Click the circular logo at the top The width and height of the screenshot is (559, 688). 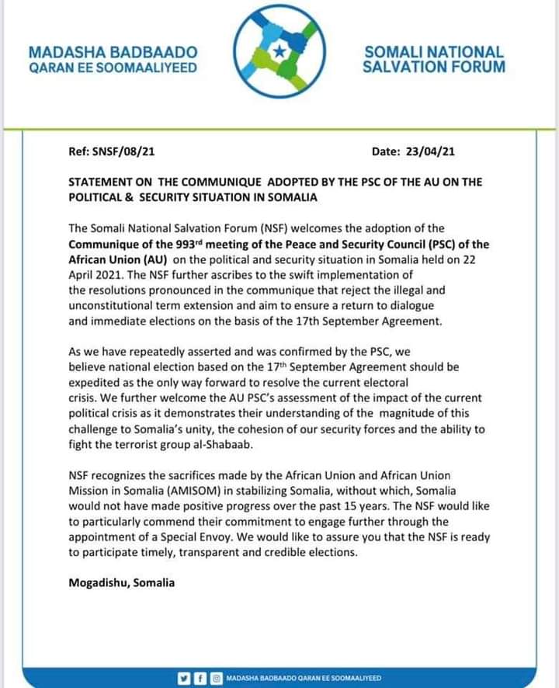tap(279, 54)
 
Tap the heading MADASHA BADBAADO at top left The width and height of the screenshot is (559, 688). tap(113, 52)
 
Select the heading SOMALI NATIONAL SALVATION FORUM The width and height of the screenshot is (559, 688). tap(433, 59)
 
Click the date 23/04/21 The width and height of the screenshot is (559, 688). tap(435, 151)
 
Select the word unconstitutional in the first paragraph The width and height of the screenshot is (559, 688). tap(111, 306)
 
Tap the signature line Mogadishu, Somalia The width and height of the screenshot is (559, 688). tap(121, 582)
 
